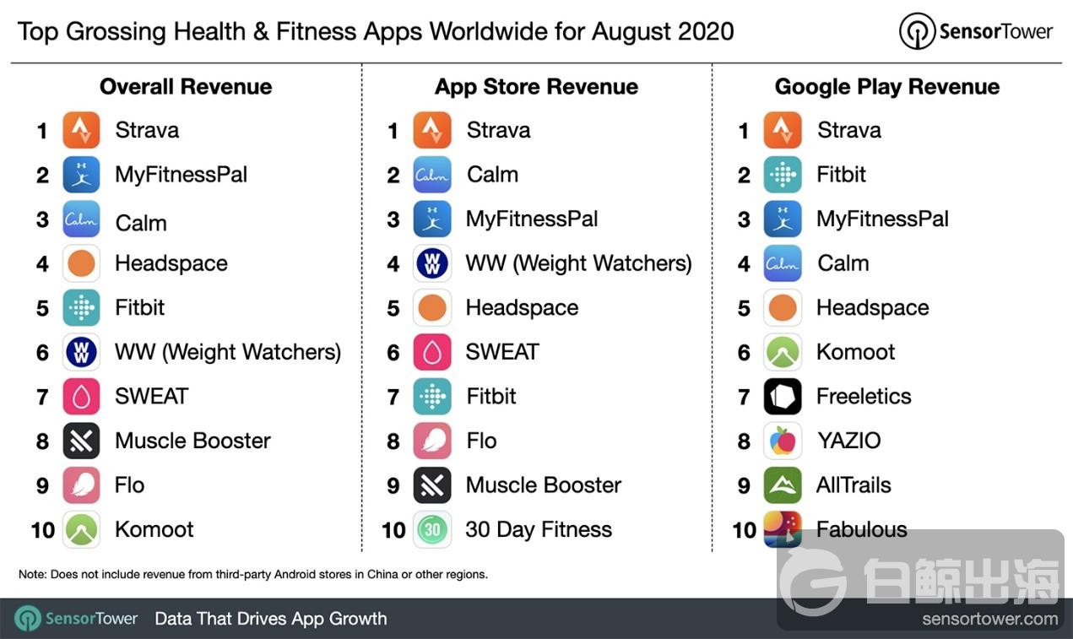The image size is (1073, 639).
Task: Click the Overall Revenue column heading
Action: (186, 87)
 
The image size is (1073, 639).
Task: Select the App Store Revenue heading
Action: (536, 87)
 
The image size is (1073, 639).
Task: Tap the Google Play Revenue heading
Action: (886, 87)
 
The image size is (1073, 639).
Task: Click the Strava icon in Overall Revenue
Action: (81, 130)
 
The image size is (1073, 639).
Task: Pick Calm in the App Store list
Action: (492, 175)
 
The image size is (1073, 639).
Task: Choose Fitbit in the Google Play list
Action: (841, 175)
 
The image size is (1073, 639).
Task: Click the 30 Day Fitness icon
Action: (432, 529)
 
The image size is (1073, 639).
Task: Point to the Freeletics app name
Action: (864, 396)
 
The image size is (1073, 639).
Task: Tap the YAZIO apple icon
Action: (783, 441)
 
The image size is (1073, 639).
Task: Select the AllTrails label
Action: (854, 485)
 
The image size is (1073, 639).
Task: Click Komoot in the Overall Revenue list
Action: (154, 529)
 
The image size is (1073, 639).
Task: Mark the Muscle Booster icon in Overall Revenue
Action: (81, 441)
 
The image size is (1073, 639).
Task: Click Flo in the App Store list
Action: (481, 441)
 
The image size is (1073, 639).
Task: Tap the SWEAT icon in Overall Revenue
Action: (81, 396)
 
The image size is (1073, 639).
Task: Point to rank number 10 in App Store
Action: (393, 530)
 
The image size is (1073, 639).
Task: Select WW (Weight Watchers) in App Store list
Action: (578, 263)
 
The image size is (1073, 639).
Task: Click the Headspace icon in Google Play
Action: (783, 307)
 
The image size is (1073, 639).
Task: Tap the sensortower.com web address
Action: (989, 619)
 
